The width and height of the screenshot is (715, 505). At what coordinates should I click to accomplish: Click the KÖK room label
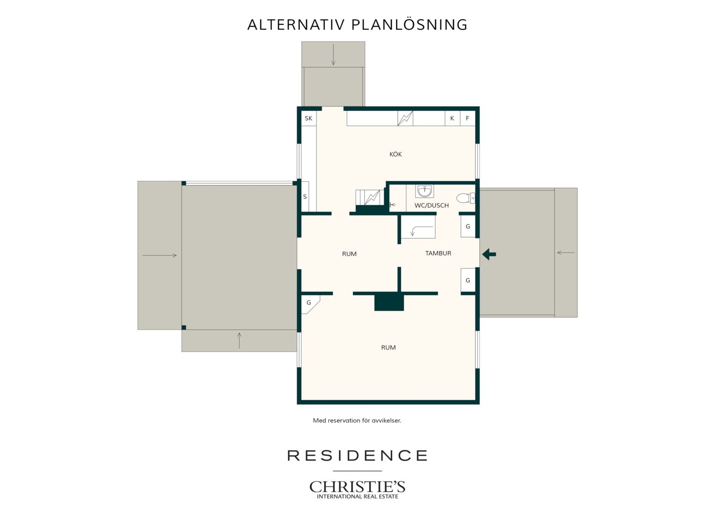pyautogui.click(x=395, y=154)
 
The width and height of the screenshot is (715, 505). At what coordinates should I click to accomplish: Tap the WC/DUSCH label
pyautogui.click(x=431, y=205)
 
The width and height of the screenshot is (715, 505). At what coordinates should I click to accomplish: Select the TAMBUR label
pyautogui.click(x=438, y=253)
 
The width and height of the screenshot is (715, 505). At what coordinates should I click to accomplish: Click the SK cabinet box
pyautogui.click(x=309, y=118)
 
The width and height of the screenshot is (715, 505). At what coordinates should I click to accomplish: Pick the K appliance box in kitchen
pyautogui.click(x=452, y=118)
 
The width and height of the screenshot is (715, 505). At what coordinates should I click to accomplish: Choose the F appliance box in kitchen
pyautogui.click(x=467, y=118)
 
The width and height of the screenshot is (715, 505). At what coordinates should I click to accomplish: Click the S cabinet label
pyautogui.click(x=305, y=196)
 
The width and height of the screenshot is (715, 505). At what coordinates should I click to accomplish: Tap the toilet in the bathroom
pyautogui.click(x=466, y=198)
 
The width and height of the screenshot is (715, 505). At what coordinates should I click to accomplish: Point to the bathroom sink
pyautogui.click(x=424, y=191)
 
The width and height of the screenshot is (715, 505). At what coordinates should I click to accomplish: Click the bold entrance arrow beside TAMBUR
pyautogui.click(x=489, y=254)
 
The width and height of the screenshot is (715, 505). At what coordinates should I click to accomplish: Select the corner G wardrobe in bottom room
pyautogui.click(x=310, y=304)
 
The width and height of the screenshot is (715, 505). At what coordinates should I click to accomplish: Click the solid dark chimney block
pyautogui.click(x=389, y=302)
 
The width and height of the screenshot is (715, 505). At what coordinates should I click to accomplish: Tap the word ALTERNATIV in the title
pyautogui.click(x=296, y=25)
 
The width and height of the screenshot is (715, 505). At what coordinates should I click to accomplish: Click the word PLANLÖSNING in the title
pyautogui.click(x=409, y=24)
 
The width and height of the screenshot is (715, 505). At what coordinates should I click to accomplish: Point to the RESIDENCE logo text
pyautogui.click(x=357, y=455)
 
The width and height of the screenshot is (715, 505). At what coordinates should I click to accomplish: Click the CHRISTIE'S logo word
pyautogui.click(x=357, y=486)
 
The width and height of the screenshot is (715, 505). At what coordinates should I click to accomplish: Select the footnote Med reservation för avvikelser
pyautogui.click(x=357, y=420)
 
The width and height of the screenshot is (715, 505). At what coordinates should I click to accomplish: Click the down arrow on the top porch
pyautogui.click(x=333, y=55)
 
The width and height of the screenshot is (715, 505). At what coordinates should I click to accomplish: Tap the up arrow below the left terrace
pyautogui.click(x=239, y=341)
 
